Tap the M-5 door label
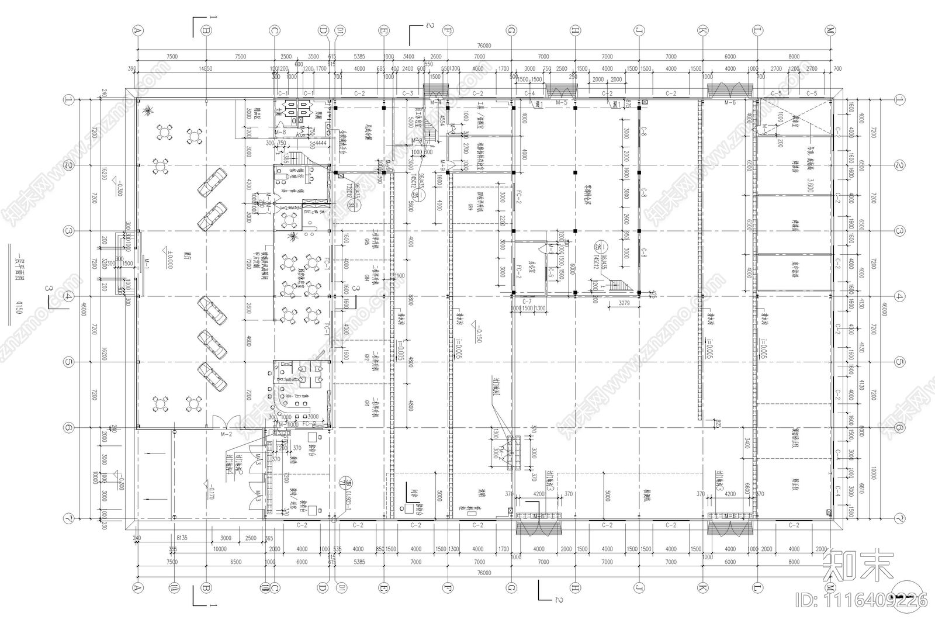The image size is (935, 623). tap(562, 103)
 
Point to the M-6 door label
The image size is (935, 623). tap(730, 103)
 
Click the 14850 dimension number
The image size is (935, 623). tap(205, 68)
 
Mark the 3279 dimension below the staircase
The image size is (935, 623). tap(624, 303)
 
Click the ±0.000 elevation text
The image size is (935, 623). tap(167, 264)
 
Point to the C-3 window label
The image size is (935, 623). tap(408, 94)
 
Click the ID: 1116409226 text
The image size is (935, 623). tap(862, 600)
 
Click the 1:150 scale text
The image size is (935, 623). tap(19, 307)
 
